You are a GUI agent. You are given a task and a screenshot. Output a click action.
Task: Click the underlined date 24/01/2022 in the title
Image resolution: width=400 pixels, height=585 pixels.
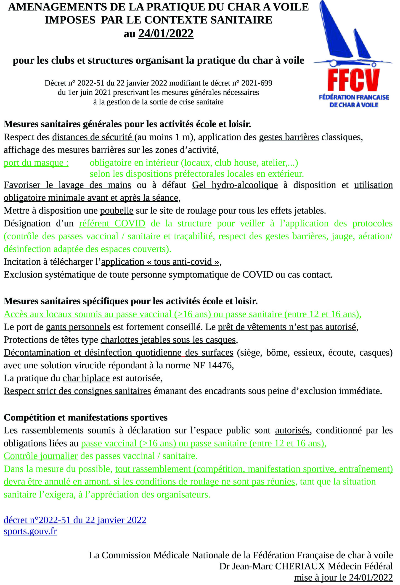[166, 34]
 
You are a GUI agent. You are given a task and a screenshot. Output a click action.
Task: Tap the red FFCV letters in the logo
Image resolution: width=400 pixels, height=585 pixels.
[353, 80]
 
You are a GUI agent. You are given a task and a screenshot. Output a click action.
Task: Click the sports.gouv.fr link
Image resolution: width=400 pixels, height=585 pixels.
[30, 531]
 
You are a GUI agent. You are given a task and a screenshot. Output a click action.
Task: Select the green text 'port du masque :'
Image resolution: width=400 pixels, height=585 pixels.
[36, 163]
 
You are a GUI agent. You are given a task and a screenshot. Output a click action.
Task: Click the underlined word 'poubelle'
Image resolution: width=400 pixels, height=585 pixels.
[117, 210]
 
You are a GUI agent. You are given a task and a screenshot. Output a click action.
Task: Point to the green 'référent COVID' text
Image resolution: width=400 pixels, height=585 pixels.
[112, 223]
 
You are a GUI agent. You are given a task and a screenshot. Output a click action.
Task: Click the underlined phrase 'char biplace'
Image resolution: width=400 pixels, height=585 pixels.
[86, 378]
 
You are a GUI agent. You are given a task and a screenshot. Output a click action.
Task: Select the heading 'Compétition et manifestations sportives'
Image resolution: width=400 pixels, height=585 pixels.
[85, 417]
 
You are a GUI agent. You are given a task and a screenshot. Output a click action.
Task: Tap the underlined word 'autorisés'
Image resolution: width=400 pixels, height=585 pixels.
[292, 431]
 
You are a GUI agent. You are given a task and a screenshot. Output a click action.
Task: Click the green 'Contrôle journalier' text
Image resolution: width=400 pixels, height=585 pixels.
[40, 456]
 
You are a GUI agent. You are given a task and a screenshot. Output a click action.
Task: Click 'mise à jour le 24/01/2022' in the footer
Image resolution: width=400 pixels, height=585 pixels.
[343, 577]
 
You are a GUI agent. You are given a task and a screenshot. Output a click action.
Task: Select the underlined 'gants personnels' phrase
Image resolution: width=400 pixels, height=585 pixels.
[78, 327]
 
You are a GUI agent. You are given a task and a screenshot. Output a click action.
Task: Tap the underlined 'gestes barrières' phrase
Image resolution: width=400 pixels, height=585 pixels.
[289, 137]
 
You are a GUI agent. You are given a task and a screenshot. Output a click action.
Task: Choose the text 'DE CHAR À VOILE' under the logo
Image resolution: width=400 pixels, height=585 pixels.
[354, 105]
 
